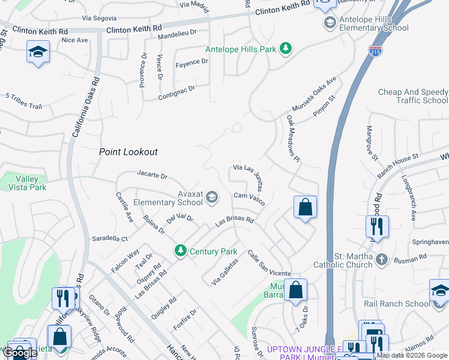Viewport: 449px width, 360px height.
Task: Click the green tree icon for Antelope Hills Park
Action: coord(286,49)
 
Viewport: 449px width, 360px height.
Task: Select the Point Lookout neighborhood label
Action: coord(128,152)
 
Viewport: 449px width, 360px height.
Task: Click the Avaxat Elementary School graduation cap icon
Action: coord(211,197)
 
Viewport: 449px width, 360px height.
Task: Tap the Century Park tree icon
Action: coord(179,251)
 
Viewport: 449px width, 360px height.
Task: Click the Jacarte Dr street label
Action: coord(152,176)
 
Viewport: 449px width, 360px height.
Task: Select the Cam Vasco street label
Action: coord(249,196)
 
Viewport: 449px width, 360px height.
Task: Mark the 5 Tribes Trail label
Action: coord(23,101)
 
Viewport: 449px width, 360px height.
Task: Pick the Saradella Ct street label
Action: coord(109,238)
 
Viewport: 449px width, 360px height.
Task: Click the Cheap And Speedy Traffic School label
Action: coord(413,96)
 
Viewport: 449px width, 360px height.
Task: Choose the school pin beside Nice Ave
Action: coord(38,52)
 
